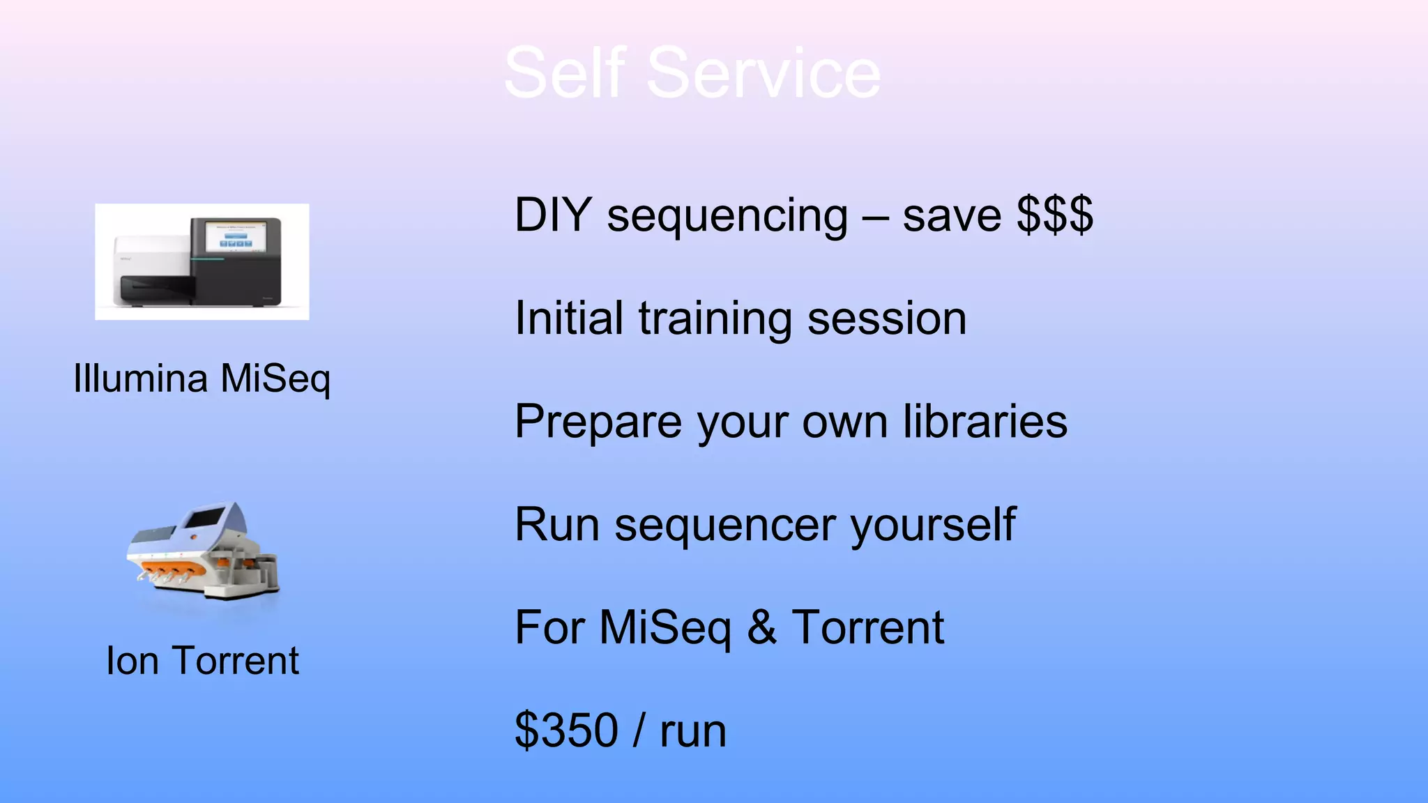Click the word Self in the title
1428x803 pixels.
coord(565,73)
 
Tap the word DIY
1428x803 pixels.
coord(553,215)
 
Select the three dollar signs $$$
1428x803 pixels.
coord(1054,215)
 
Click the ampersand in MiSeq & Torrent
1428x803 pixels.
coord(761,627)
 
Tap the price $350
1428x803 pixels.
coord(566,731)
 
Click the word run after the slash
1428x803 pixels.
coord(693,732)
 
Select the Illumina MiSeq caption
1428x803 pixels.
coord(202,379)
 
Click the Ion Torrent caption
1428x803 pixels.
coord(202,661)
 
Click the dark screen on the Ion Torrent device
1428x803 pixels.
coord(204,519)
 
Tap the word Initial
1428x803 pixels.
coord(568,319)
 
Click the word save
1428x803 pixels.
coord(952,216)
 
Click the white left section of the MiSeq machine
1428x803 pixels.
coord(150,258)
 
